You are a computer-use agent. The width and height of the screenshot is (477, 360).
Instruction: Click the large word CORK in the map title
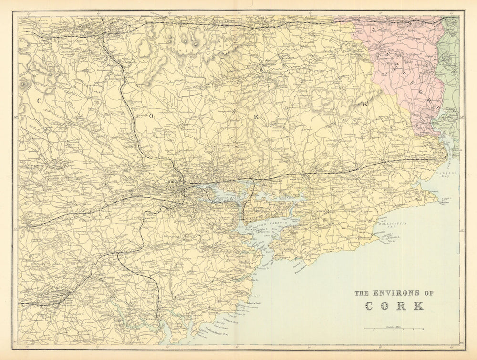click(394, 306)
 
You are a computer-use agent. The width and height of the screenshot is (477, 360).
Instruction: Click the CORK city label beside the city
click(170, 182)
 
